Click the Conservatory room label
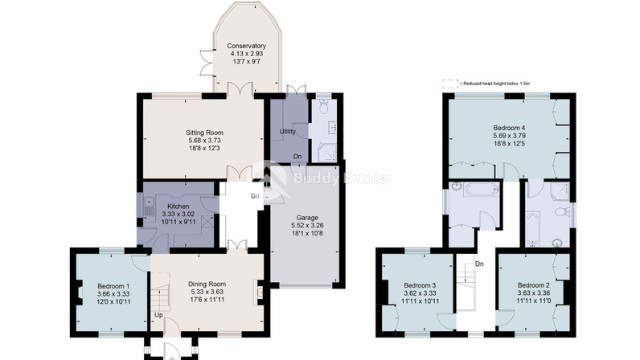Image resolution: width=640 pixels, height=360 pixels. (246, 46)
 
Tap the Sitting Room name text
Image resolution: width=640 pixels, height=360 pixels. (204, 133)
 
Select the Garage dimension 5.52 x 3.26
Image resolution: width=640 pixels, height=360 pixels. (307, 226)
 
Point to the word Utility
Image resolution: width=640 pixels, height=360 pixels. (287, 132)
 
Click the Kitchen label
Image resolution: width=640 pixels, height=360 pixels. (178, 207)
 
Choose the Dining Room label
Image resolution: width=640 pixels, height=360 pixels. (207, 284)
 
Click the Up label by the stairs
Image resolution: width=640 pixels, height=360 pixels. (158, 315)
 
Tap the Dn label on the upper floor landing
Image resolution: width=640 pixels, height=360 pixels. (479, 264)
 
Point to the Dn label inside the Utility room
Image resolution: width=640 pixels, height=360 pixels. (297, 157)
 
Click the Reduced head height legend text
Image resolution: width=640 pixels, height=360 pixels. (494, 84)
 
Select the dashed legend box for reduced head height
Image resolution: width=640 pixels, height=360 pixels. (450, 84)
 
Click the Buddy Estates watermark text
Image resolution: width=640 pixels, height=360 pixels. (342, 178)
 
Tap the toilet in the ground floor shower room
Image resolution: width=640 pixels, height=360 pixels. (324, 107)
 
